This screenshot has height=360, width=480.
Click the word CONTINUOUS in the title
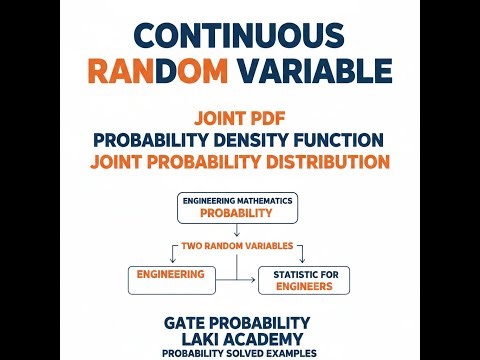239,34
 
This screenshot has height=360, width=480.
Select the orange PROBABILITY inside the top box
236,213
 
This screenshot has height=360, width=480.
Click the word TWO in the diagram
190,246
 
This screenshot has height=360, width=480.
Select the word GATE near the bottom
189,322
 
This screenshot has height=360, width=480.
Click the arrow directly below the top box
236,229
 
